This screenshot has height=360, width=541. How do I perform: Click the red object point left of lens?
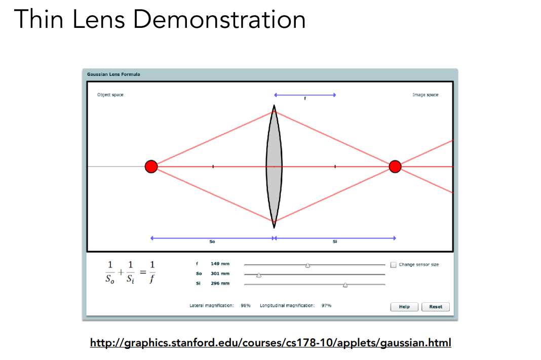(x=151, y=167)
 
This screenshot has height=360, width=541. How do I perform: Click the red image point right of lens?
(x=395, y=167)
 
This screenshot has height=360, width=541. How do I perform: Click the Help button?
(x=404, y=307)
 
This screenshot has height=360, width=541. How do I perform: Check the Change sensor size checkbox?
(x=394, y=264)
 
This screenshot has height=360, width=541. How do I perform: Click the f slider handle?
(x=307, y=265)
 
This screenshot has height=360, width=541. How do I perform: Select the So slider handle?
(x=259, y=275)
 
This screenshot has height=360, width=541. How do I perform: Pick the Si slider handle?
(x=345, y=285)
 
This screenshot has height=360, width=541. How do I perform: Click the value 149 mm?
(x=220, y=264)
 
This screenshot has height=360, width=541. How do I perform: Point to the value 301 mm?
(x=220, y=273)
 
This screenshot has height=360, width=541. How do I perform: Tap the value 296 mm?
(x=220, y=284)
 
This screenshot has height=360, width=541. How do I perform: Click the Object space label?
(x=110, y=95)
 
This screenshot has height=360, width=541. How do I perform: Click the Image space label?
(x=425, y=95)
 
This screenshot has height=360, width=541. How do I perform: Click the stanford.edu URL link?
(x=270, y=343)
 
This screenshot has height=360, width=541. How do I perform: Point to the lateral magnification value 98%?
(x=246, y=306)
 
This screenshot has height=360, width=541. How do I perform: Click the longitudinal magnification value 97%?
(x=326, y=306)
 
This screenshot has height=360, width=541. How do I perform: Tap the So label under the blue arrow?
(x=212, y=242)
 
